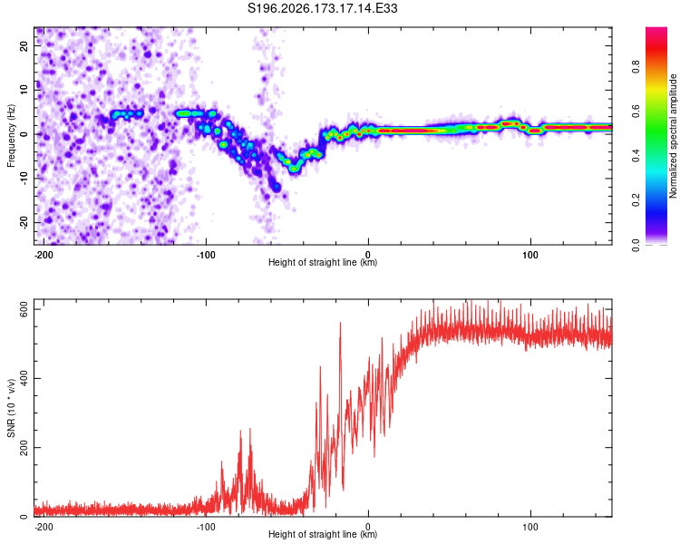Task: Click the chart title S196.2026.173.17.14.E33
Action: pos(322,8)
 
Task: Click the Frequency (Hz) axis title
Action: pos(11,136)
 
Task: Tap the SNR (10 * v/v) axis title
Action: pos(11,408)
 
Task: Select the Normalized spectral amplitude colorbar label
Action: pos(673,136)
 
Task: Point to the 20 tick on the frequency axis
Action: pos(24,46)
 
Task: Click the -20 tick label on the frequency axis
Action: pos(24,223)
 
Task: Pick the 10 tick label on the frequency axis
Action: pos(24,91)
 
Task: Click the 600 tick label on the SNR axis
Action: pos(24,309)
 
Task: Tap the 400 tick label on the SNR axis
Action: pos(24,378)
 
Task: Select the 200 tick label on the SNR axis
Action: pos(24,447)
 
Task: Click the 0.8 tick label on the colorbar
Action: pos(636,67)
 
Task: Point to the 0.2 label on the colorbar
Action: pos(636,200)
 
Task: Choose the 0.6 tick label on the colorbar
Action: pos(636,111)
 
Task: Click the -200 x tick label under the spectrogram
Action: pos(43,255)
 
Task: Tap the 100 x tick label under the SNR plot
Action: pos(530,527)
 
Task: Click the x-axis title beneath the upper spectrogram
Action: pos(323,262)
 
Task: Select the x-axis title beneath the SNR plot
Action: pos(323,534)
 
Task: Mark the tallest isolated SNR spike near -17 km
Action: pos(340,323)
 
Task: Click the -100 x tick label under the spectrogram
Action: pos(206,255)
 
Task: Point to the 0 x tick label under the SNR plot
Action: pos(368,527)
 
